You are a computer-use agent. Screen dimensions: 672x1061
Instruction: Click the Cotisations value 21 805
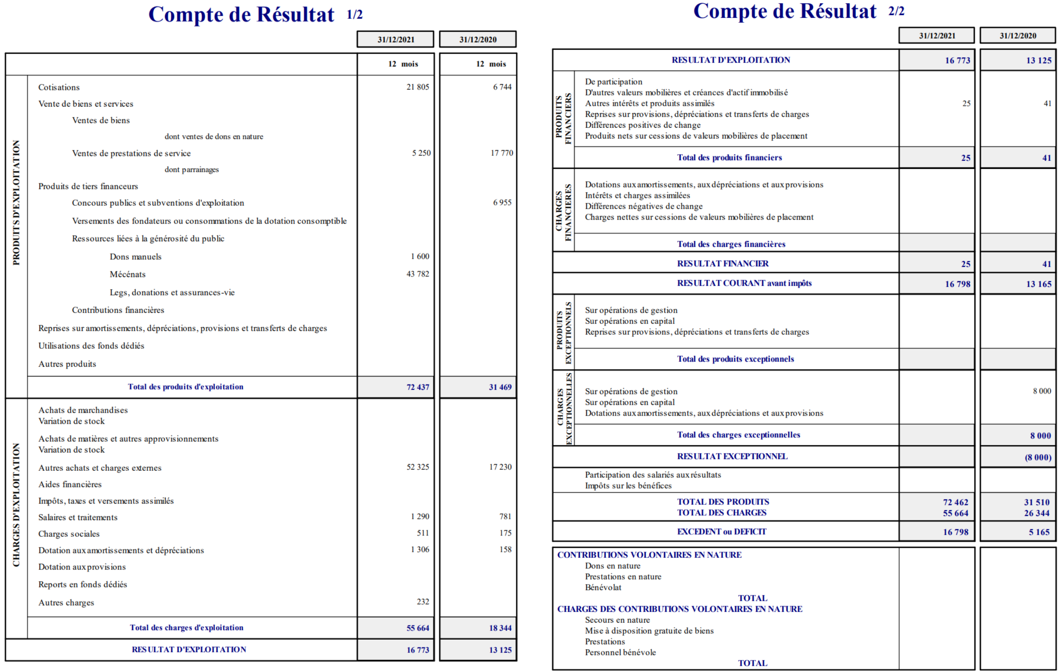pos(417,87)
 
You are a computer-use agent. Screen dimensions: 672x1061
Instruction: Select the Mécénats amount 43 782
pos(417,274)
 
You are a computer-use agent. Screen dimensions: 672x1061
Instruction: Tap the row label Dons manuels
pos(135,257)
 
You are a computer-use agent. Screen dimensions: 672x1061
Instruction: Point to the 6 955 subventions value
pos(502,202)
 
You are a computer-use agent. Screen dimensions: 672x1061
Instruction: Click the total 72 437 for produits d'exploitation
pos(417,387)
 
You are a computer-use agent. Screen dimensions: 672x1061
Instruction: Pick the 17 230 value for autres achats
pos(500,467)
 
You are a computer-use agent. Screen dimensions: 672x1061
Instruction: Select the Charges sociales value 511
pos(423,533)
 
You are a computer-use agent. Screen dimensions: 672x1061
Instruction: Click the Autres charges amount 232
pos(423,602)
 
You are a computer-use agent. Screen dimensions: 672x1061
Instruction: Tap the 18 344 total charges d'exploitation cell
pos(500,628)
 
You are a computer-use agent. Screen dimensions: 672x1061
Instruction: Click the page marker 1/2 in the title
pos(354,15)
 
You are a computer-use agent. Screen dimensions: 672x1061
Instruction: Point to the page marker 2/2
pos(896,12)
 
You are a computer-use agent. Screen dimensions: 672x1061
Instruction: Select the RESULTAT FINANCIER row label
pos(723,264)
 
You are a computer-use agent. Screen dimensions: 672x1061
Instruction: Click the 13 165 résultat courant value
pos(1039,284)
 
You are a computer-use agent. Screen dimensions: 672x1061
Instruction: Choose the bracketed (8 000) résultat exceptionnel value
pos(1038,457)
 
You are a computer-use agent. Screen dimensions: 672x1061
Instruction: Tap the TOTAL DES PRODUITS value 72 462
pos(955,502)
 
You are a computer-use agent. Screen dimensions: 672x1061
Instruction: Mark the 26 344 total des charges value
pos(1036,513)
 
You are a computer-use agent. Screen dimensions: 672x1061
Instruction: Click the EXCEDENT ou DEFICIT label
pos(721,532)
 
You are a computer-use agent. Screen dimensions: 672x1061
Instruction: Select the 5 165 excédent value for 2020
pos(1039,532)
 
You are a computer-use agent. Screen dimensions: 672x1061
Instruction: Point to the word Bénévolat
pos(603,587)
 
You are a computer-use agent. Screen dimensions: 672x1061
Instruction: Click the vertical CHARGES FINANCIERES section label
pos(563,211)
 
